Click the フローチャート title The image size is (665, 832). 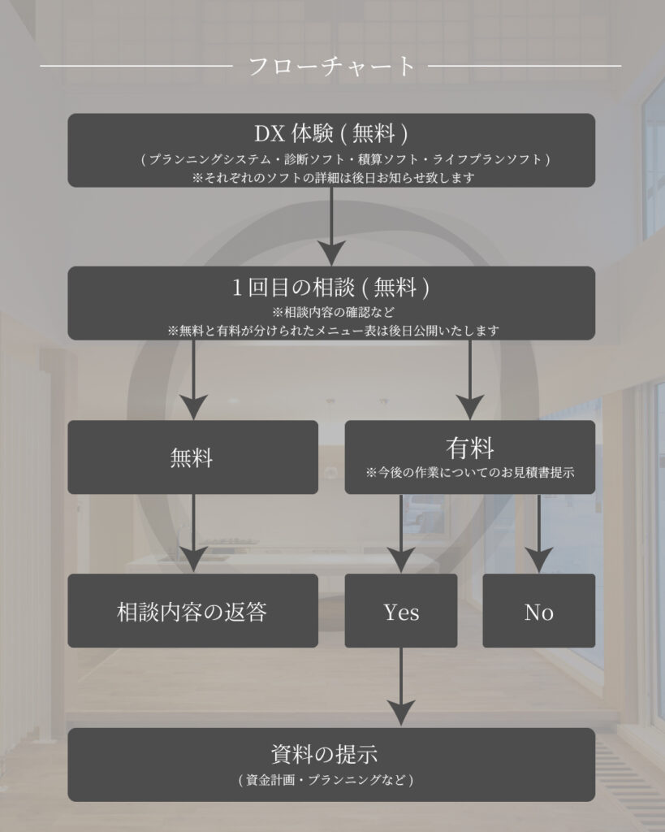click(331, 66)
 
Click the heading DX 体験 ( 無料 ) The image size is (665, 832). click(331, 132)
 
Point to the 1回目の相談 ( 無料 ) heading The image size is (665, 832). click(331, 286)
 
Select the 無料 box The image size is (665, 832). click(192, 457)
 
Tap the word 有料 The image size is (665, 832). click(469, 448)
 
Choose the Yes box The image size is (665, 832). click(401, 611)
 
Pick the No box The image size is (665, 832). click(538, 611)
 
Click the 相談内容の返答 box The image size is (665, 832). click(192, 611)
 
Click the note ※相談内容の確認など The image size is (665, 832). click(332, 312)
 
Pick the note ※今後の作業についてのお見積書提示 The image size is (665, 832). click(470, 472)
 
